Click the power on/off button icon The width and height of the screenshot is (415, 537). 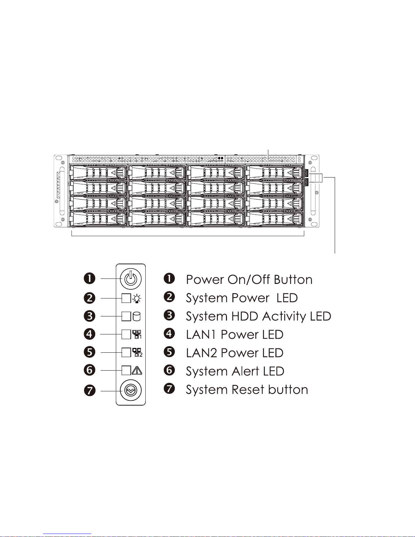131,279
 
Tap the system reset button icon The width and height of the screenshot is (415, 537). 131,391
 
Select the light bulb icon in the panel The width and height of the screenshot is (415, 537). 137,298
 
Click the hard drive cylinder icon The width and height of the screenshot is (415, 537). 137,316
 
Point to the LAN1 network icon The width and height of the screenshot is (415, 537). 137,334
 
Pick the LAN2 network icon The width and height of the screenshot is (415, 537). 137,352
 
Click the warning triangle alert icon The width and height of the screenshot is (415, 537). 137,370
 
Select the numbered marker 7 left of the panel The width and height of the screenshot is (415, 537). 89,391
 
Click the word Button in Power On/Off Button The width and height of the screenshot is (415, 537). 293,280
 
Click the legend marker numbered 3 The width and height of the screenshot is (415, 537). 169,315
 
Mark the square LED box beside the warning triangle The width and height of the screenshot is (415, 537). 126,370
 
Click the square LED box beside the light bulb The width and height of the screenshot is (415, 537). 126,298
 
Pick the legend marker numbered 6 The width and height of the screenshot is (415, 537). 169,370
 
